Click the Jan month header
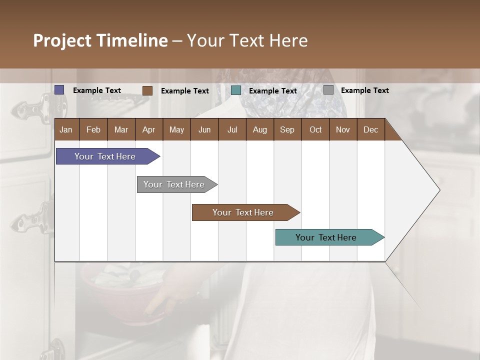(66, 129)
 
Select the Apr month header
(148, 129)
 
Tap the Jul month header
(232, 129)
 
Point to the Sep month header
(287, 129)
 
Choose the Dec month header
(370, 129)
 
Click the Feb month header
(93, 129)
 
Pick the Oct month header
(315, 129)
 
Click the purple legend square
(59, 90)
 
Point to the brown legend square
(147, 90)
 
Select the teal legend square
(236, 90)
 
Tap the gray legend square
(328, 90)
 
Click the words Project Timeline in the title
(100, 40)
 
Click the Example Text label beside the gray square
(364, 90)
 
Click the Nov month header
(343, 129)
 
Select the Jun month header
(204, 129)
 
